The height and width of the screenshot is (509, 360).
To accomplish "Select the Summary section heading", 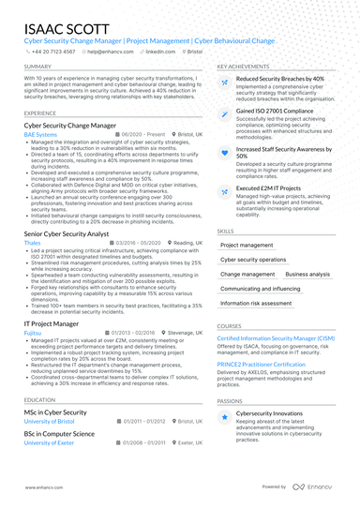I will tap(37, 67).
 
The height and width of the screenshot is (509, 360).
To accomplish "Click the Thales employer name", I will tap(32, 241).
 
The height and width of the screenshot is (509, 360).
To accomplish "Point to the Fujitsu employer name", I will tap(33, 333).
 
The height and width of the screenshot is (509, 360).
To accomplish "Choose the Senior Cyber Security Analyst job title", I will tap(67, 232).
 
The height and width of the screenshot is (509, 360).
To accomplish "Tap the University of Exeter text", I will tap(49, 442).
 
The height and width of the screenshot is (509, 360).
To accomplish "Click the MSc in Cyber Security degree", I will tap(54, 412).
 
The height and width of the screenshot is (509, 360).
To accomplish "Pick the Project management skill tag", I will tap(247, 245).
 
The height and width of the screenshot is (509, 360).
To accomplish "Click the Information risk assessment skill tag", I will tap(257, 304).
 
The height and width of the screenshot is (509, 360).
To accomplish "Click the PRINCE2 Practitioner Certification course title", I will tap(261, 364).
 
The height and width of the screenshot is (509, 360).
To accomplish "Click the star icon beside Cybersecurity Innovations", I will tap(224, 415).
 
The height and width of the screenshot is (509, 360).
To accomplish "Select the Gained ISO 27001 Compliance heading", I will tap(275, 111).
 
